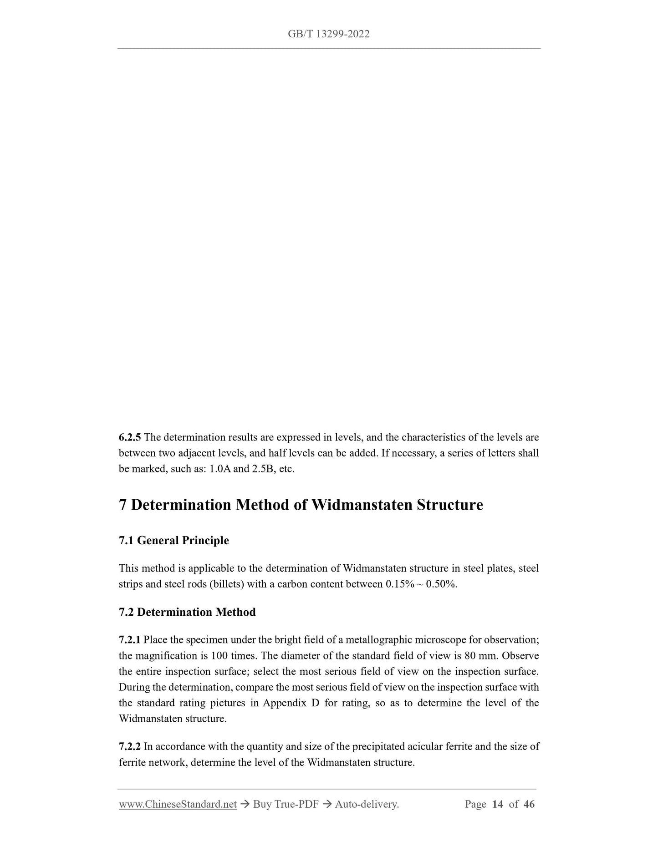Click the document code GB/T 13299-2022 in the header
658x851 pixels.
[x=329, y=34]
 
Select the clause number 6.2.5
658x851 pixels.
[x=130, y=438]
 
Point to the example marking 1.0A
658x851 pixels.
[x=219, y=469]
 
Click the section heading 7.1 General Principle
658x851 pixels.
[x=174, y=540]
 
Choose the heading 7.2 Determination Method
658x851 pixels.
[x=187, y=612]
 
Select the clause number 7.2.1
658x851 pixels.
[x=130, y=640]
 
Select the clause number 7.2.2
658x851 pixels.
[x=130, y=747]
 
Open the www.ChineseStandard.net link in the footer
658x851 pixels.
[x=178, y=804]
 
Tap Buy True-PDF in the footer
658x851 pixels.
[x=286, y=804]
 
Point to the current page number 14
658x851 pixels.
[x=498, y=804]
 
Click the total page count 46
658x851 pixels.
[x=529, y=804]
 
